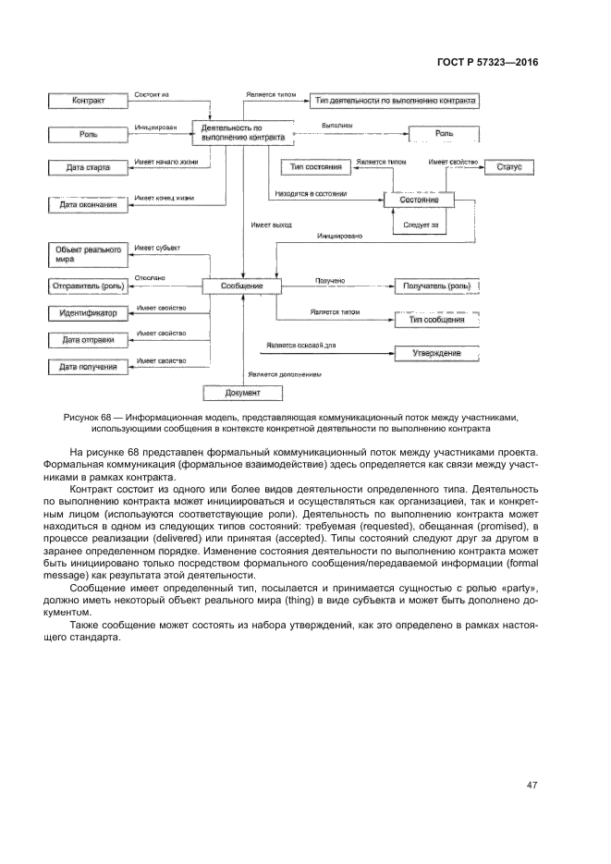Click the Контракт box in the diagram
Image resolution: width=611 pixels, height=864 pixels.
click(x=88, y=100)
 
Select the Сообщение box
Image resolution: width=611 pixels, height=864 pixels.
click(x=242, y=286)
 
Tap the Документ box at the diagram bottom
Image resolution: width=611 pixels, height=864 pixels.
click(x=242, y=393)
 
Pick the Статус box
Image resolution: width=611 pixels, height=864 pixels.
click(x=508, y=167)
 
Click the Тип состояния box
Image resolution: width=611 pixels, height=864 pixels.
click(x=315, y=167)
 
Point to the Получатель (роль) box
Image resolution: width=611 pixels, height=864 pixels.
click(x=437, y=286)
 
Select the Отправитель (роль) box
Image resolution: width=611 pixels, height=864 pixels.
click(x=88, y=286)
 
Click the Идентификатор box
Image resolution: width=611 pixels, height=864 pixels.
click(x=88, y=314)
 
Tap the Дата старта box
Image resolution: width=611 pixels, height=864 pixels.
click(x=88, y=168)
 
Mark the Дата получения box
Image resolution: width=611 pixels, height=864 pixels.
click(x=88, y=367)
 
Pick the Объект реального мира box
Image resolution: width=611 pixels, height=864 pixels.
click(x=88, y=254)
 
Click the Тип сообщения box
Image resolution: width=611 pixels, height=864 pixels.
click(x=437, y=320)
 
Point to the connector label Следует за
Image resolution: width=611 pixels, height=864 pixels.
click(x=421, y=225)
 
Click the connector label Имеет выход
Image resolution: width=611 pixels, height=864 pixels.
click(x=270, y=225)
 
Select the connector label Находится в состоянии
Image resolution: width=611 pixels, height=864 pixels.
click(x=311, y=194)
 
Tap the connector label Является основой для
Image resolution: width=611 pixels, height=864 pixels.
click(x=300, y=345)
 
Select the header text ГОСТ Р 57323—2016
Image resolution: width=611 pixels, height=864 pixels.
click(x=487, y=62)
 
